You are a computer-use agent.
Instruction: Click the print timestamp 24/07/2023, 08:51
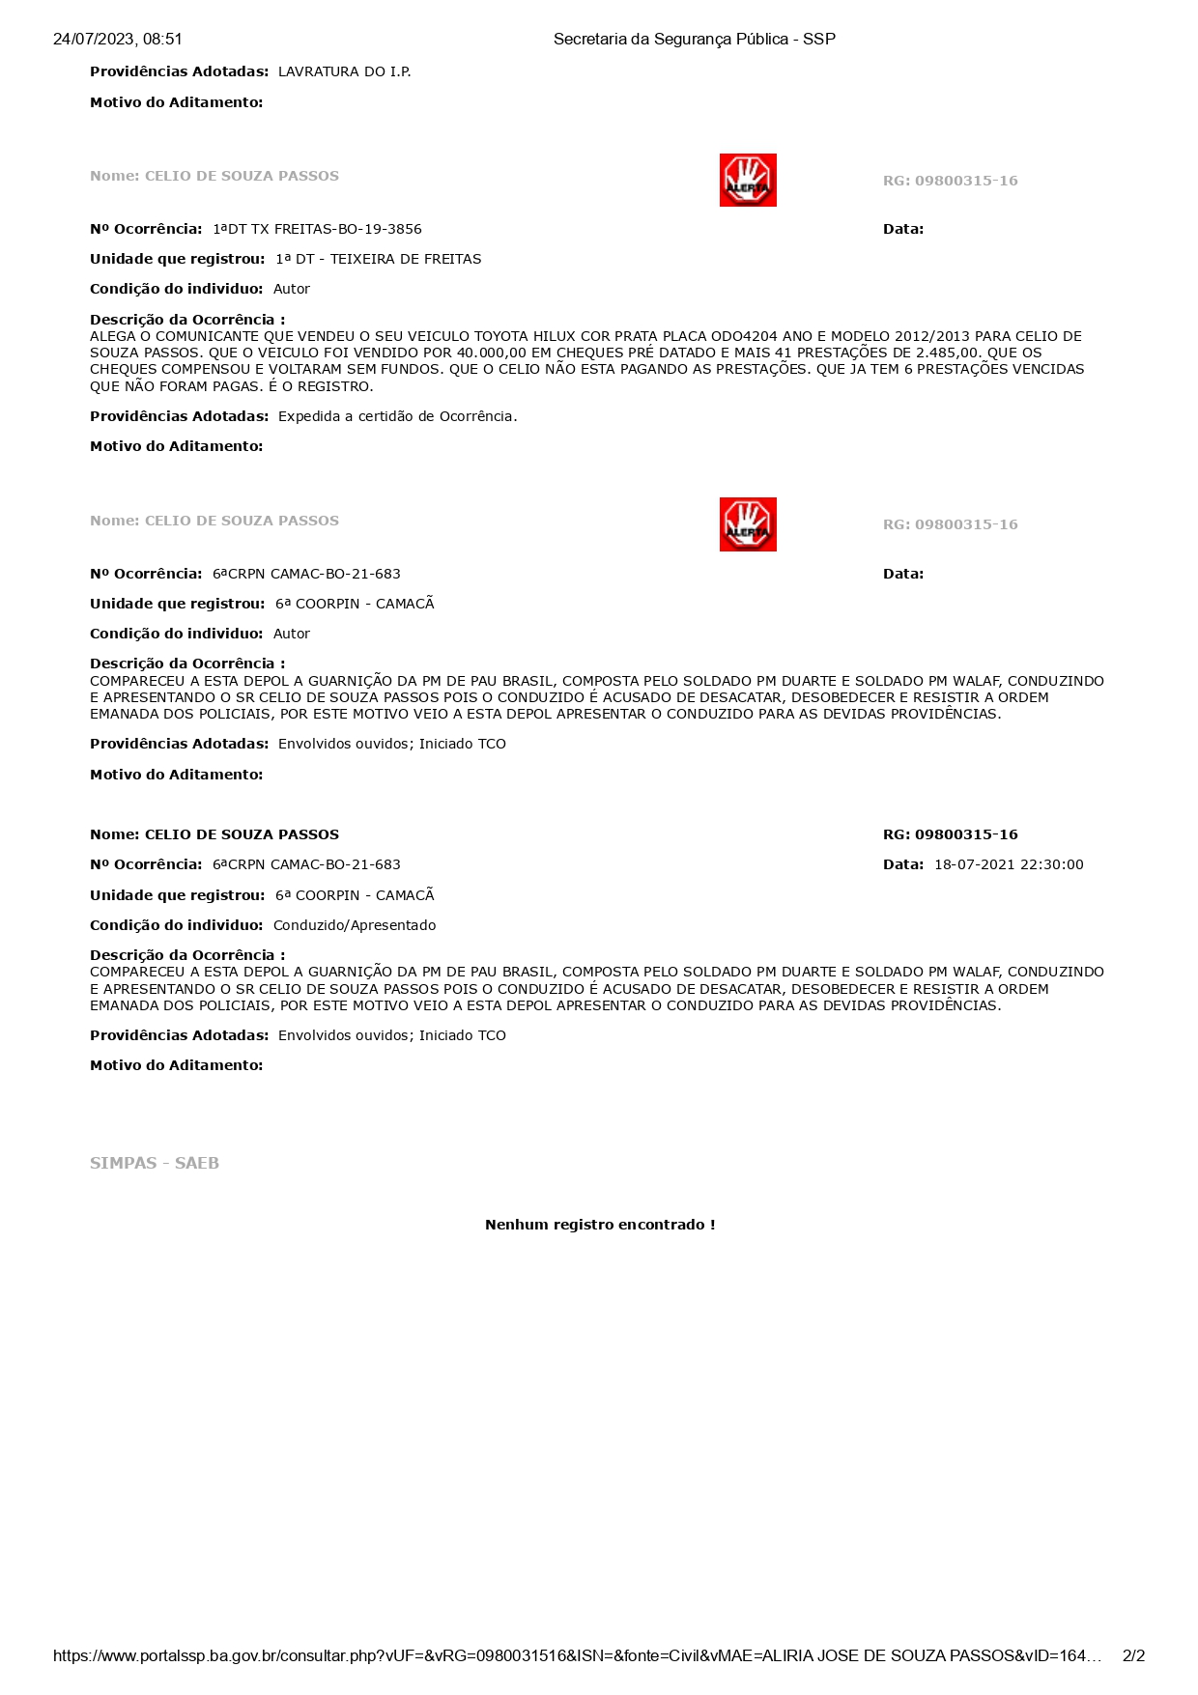point(117,40)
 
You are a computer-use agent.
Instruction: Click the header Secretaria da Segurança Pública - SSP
point(694,40)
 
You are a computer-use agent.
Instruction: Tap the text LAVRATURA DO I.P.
point(344,71)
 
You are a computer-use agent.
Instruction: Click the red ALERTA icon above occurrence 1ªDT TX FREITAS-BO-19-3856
point(747,181)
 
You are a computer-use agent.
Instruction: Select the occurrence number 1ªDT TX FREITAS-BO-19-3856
point(317,229)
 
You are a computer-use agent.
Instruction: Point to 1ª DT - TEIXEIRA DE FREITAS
point(378,259)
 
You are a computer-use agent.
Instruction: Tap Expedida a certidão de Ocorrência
point(397,416)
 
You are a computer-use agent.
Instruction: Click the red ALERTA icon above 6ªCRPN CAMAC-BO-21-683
point(747,524)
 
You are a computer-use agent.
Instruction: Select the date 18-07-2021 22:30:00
point(1008,864)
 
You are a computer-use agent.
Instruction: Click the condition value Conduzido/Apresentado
point(354,925)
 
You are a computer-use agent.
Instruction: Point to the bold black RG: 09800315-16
point(950,834)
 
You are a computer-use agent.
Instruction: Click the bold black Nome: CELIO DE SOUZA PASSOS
point(214,834)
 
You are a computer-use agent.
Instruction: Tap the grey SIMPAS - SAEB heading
point(155,1163)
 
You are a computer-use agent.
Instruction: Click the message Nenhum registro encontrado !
point(599,1225)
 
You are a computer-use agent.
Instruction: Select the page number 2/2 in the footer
point(1132,1655)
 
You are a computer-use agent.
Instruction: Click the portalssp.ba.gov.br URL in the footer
point(576,1655)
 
